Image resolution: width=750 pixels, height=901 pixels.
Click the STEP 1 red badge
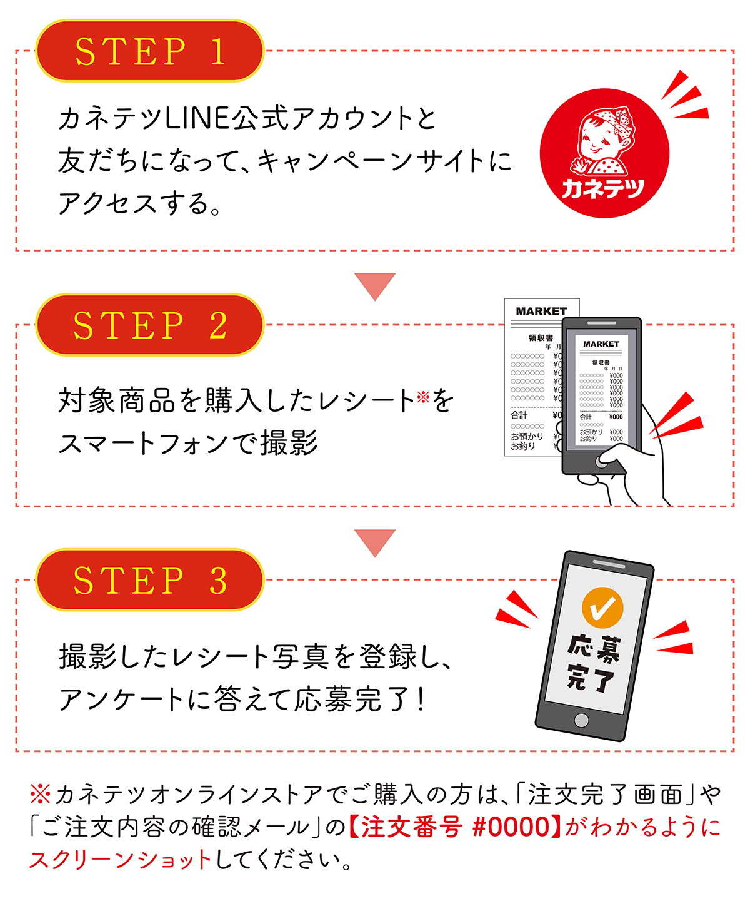point(149,51)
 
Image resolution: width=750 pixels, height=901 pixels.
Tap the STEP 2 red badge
point(149,325)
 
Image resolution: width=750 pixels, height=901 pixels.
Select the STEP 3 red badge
point(149,581)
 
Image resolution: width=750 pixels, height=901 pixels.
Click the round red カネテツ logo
point(604,153)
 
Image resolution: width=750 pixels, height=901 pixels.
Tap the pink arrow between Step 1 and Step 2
point(375,285)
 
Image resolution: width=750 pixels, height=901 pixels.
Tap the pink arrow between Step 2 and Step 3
point(375,542)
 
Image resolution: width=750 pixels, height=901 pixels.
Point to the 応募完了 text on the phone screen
point(592,663)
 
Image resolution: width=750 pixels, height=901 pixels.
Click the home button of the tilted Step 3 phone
point(581,720)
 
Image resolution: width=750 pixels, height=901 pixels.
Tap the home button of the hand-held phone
point(602,461)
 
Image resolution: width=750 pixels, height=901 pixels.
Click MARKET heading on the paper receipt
point(541,312)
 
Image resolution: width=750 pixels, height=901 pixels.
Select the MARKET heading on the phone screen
point(601,344)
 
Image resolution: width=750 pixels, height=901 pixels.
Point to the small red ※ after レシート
point(423,396)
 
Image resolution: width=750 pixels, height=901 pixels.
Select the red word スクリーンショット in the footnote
point(121,860)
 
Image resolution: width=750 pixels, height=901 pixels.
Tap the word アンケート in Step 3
point(122,700)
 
